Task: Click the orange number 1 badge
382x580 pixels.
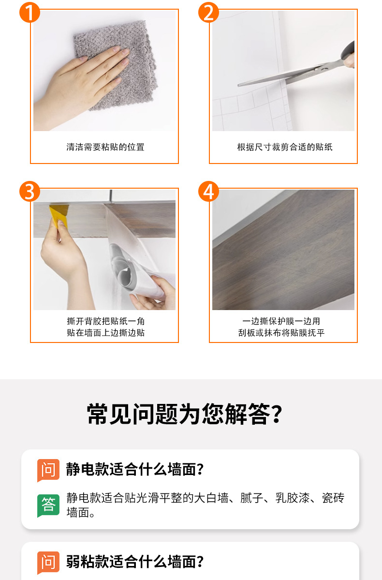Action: (x=29, y=12)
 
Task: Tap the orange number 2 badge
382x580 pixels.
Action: (x=208, y=12)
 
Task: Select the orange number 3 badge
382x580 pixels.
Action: (x=29, y=191)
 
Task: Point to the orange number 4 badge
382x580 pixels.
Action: (x=208, y=191)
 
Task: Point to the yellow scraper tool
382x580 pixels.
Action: (x=59, y=215)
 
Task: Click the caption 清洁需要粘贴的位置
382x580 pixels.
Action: (x=105, y=147)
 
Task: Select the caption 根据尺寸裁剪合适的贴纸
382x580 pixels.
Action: (x=285, y=147)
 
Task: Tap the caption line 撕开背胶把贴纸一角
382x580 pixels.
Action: (x=106, y=321)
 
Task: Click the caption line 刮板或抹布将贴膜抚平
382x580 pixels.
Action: (x=281, y=333)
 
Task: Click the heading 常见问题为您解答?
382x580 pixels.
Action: (x=185, y=414)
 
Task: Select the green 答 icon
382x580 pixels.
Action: (x=48, y=506)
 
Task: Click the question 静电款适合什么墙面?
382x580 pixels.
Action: (x=135, y=469)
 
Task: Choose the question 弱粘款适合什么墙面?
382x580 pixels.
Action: (x=135, y=562)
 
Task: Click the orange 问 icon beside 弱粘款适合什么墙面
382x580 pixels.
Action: (x=48, y=563)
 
